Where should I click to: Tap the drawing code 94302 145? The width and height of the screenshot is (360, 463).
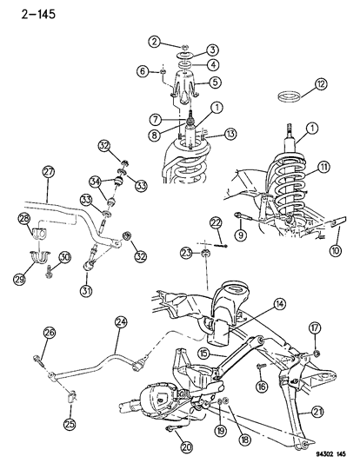coord(319,453)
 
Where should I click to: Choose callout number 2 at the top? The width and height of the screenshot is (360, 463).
coord(153,42)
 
